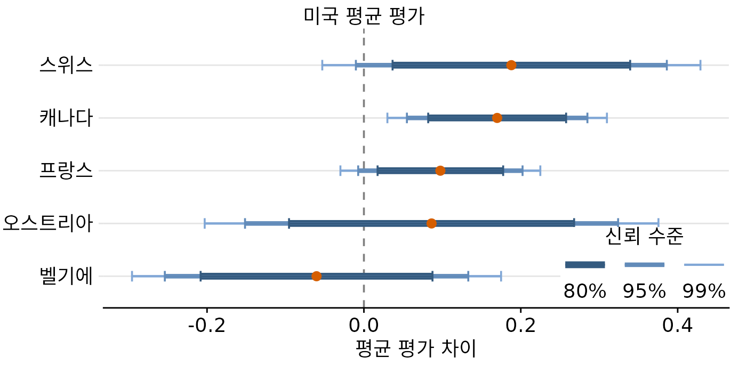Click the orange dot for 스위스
[x=511, y=65]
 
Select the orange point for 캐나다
[x=497, y=118]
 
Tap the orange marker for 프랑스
[x=440, y=171]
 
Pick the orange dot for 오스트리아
[x=431, y=223]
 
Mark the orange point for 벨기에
[x=316, y=276]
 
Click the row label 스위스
[x=66, y=66]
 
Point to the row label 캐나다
[x=66, y=118]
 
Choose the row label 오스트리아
[x=48, y=224]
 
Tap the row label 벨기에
[x=66, y=277]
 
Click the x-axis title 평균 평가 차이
[x=415, y=349]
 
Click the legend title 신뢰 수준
[x=644, y=236]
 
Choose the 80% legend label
[x=585, y=291]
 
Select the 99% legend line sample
[x=704, y=264]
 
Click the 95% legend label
[x=644, y=291]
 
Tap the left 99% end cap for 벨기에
[x=132, y=276]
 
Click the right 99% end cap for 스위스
[x=700, y=65]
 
